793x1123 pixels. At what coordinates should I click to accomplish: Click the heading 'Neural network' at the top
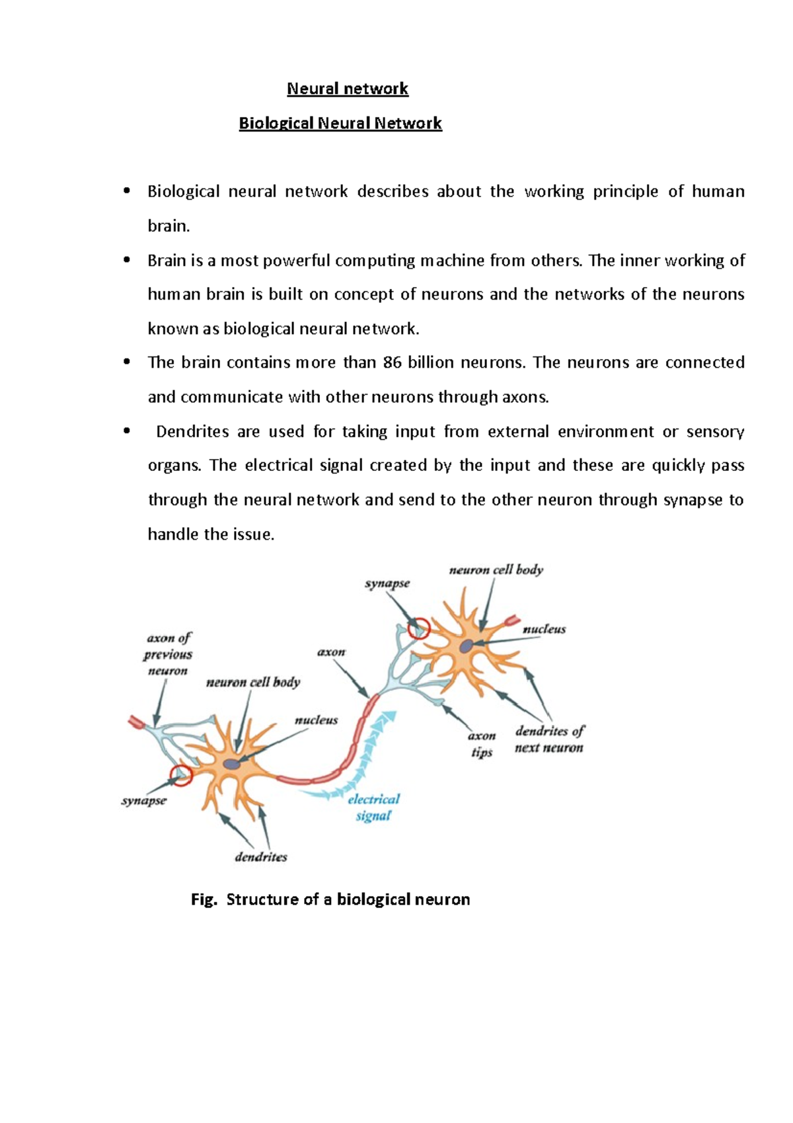click(348, 89)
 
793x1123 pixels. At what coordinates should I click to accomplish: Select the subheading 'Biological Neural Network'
click(340, 123)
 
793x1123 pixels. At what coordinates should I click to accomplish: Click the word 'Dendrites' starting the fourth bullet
click(192, 432)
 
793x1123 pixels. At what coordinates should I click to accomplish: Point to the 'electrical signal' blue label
click(373, 807)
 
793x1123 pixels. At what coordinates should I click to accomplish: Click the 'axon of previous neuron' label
click(168, 654)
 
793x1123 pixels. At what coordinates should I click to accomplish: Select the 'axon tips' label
click(482, 744)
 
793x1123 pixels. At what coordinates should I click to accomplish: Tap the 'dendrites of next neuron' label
click(549, 739)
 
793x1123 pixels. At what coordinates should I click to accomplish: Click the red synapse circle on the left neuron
click(180, 775)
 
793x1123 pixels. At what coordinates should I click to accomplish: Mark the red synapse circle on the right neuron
click(418, 628)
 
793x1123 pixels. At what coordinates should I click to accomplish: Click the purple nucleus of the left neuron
click(231, 764)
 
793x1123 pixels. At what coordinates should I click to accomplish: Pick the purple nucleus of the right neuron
click(467, 645)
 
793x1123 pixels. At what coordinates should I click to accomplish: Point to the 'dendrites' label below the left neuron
click(261, 857)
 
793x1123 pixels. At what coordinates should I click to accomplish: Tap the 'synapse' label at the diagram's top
click(387, 583)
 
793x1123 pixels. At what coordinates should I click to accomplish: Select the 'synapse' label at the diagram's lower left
click(144, 800)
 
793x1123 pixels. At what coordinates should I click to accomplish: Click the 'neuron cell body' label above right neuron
click(496, 569)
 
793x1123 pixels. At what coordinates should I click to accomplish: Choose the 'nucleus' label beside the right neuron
click(544, 629)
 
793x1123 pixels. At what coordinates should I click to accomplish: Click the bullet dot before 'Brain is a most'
click(126, 261)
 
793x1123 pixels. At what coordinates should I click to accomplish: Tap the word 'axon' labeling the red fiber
click(331, 652)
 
